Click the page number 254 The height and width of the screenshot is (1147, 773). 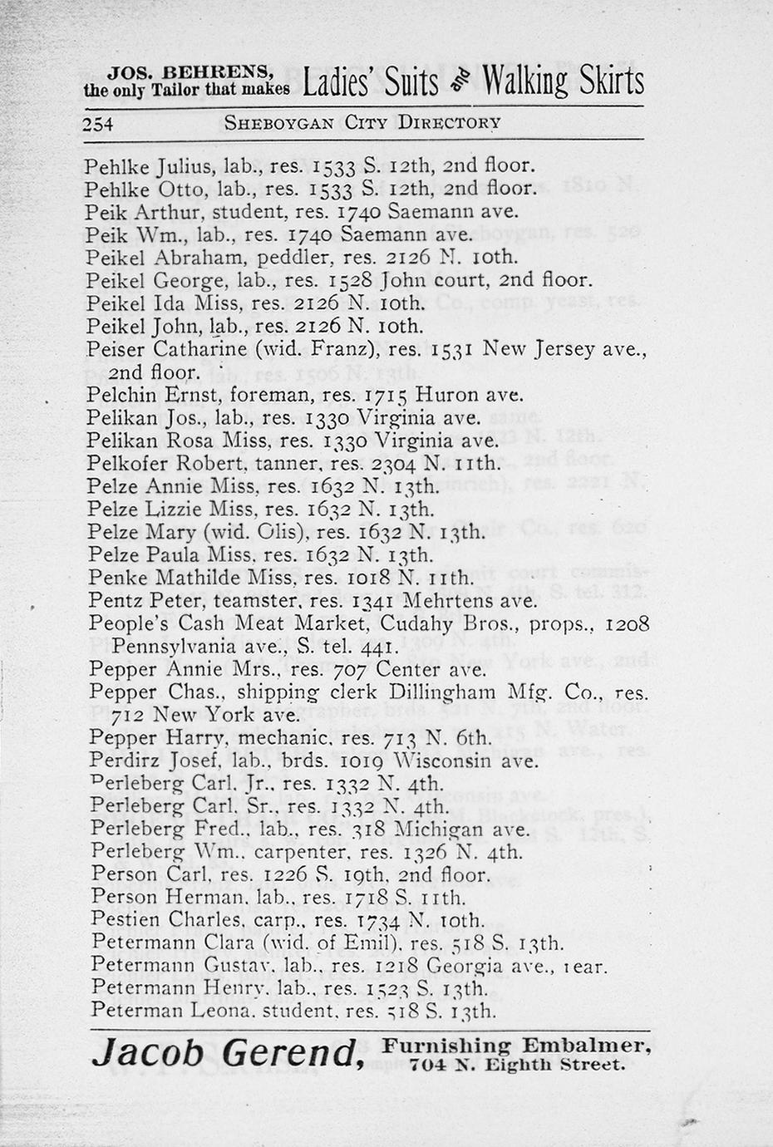pyautogui.click(x=98, y=124)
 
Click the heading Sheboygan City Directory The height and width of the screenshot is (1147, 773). pyautogui.click(x=362, y=123)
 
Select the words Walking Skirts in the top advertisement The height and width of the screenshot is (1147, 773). pyautogui.click(x=564, y=82)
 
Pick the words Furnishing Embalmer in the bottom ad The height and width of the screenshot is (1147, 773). pyautogui.click(x=517, y=1046)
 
